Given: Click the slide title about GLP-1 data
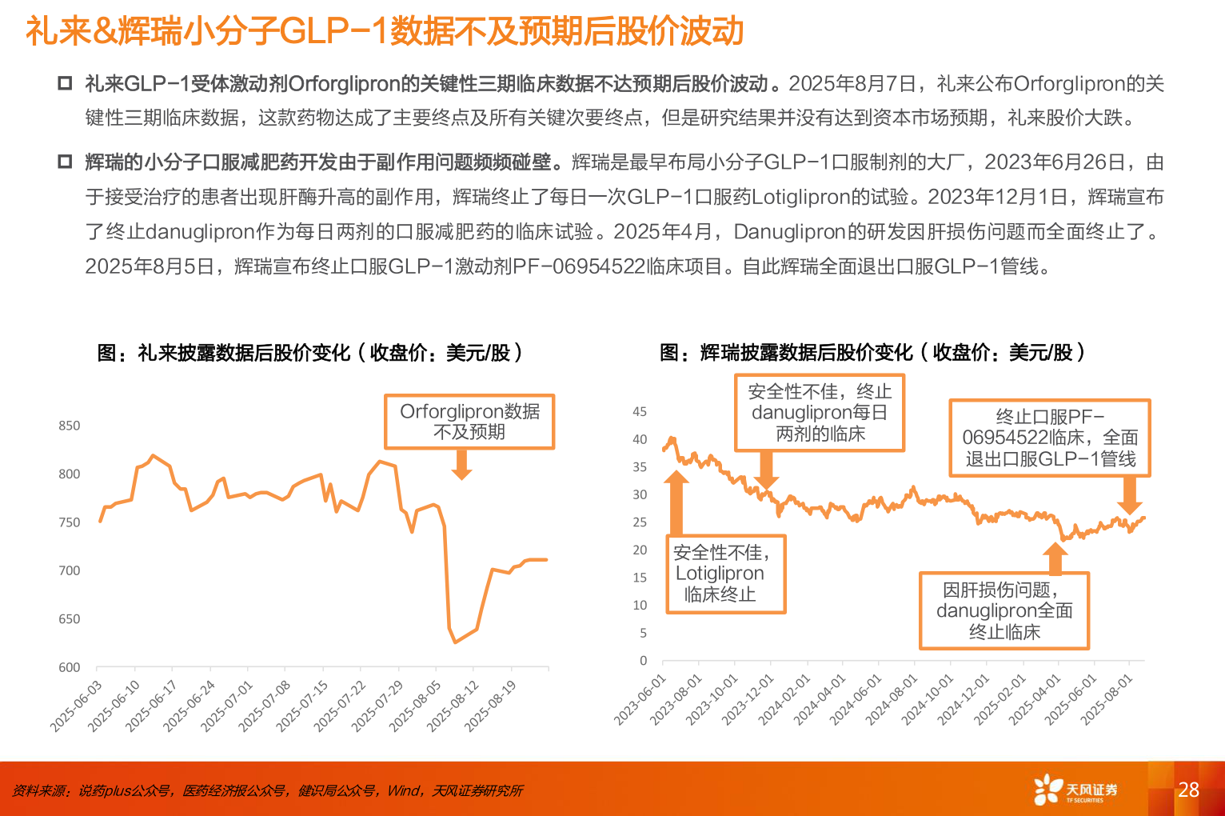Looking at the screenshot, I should tap(385, 32).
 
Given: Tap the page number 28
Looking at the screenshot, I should tap(1188, 790).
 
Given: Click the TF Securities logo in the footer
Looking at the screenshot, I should tap(1075, 789).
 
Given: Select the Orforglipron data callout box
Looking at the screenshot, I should tap(469, 422).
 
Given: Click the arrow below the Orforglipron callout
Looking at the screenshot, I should tap(461, 465).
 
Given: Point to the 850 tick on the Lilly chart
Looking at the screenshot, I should tap(70, 426).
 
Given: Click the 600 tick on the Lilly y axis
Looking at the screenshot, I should tap(70, 667).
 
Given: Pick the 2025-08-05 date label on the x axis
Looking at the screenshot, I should tap(417, 704).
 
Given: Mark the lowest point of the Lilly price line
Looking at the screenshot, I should tap(455, 642).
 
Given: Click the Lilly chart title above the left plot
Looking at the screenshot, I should tap(310, 353).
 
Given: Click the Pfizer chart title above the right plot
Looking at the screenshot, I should tap(872, 353).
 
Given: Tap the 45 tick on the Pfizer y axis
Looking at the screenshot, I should tap(640, 412).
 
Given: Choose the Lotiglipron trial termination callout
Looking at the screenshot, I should tap(726, 574).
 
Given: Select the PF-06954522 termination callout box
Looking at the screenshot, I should tap(1049, 438).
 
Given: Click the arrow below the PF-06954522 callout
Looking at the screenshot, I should tap(1129, 495).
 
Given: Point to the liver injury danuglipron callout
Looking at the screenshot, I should tap(1004, 610).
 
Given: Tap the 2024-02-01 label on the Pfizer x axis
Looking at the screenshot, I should tap(784, 698).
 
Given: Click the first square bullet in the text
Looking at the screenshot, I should tap(65, 84).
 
